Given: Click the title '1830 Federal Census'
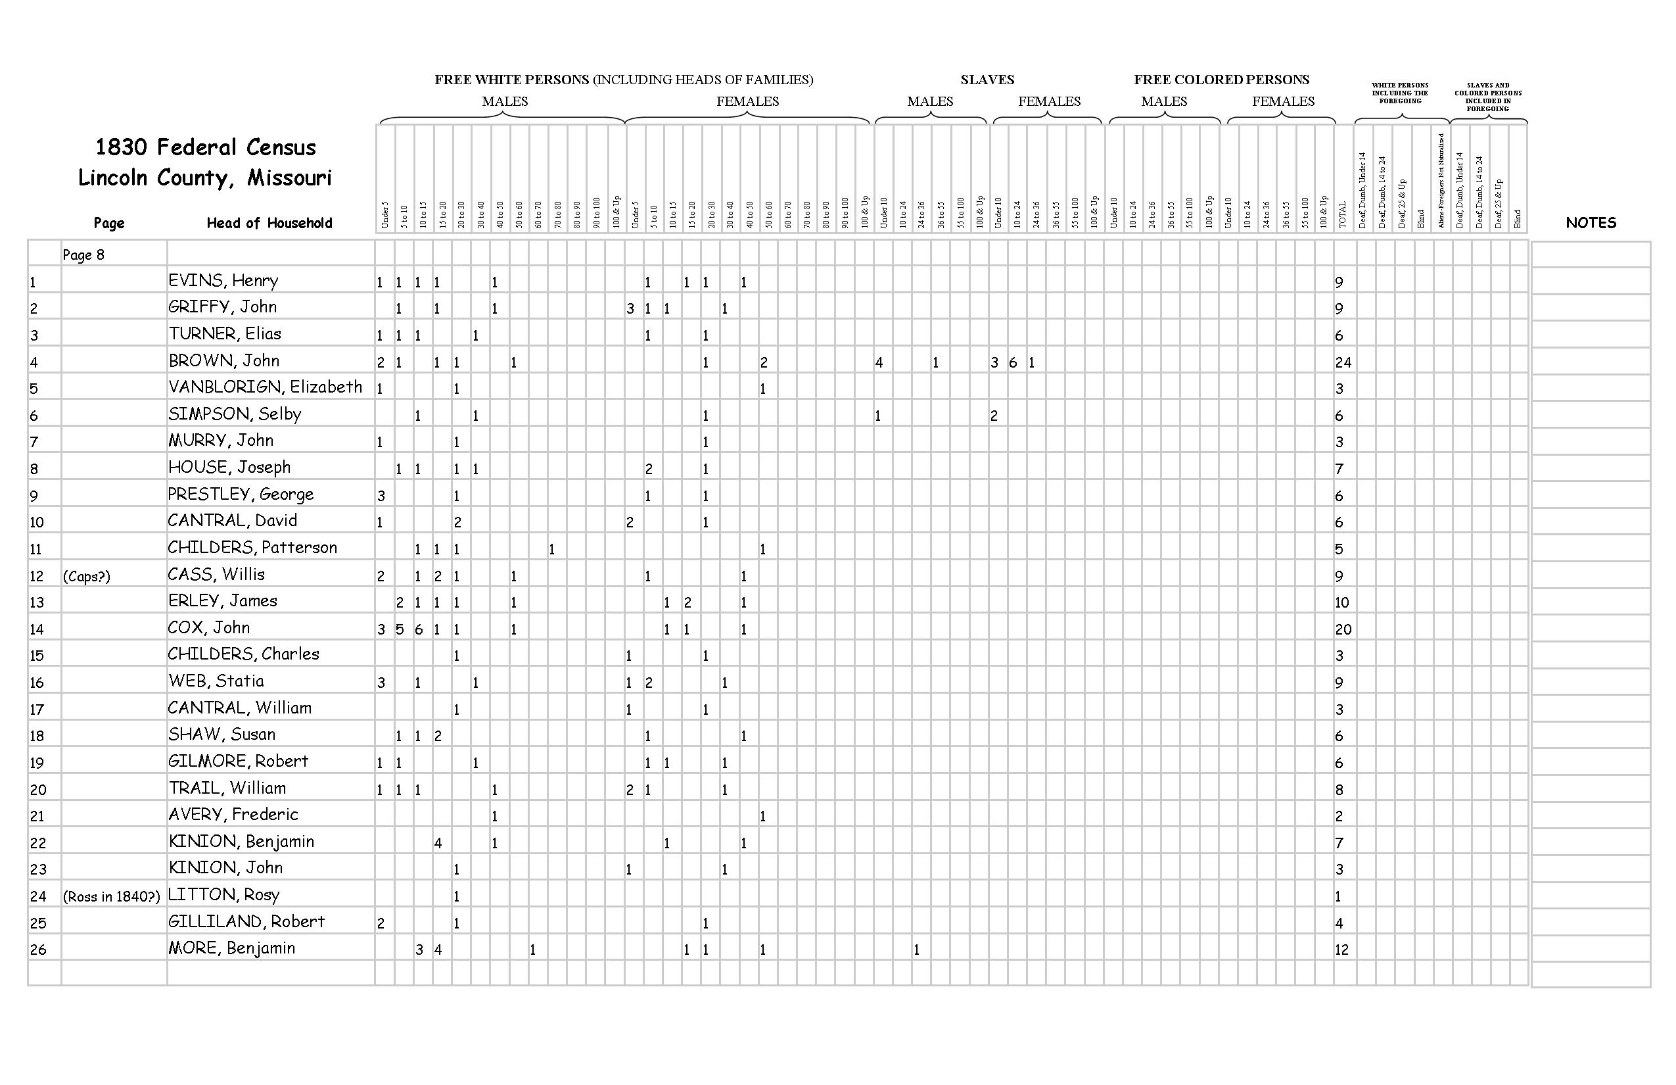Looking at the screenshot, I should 205,147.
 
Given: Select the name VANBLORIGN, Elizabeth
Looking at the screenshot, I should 265,387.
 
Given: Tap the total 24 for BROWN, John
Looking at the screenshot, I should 1343,362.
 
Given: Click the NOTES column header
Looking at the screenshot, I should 1590,223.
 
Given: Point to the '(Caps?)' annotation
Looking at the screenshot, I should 87,576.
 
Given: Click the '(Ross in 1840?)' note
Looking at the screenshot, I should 112,897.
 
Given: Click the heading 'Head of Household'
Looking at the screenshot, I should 269,224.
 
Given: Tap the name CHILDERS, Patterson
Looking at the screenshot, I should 252,547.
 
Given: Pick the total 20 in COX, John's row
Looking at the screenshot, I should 1343,629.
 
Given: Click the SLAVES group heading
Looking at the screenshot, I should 987,80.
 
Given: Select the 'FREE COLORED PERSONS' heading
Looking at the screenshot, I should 1221,80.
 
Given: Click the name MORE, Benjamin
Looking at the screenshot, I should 231,948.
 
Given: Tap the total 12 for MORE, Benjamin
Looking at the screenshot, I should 1341,950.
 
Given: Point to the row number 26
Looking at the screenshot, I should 38,950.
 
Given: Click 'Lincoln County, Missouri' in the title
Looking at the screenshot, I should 205,178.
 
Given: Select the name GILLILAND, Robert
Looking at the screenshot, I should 246,921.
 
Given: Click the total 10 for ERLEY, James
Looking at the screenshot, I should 1341,602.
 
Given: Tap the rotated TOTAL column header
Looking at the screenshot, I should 1342,214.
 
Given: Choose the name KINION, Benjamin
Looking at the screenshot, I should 241,841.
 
